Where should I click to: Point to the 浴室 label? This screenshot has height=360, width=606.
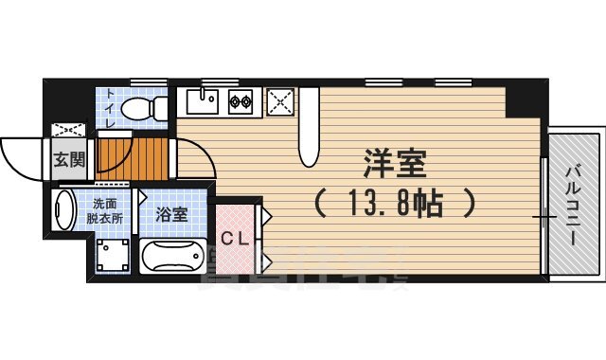pyautogui.click(x=171, y=214)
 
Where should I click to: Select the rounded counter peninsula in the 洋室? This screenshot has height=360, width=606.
pyautogui.click(x=309, y=142)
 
